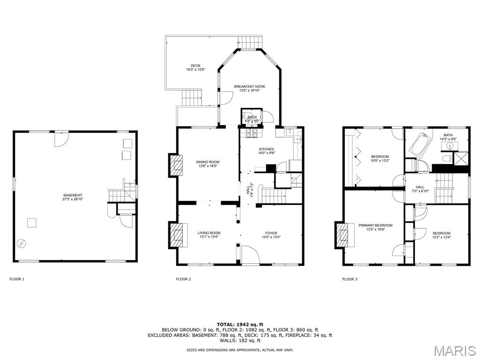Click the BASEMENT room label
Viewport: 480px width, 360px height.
[x=73, y=195]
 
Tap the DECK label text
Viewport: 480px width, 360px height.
[x=195, y=66]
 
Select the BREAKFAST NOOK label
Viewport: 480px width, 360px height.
[x=249, y=87]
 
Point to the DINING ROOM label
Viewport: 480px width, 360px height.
[x=208, y=162]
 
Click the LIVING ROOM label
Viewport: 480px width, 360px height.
[x=209, y=233]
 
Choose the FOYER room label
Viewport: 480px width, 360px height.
[x=271, y=233]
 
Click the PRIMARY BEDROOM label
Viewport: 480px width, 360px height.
[x=375, y=225]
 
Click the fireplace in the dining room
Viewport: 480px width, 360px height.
[x=176, y=165]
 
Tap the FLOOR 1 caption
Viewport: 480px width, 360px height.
[x=17, y=279]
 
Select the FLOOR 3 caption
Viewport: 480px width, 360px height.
[x=350, y=279]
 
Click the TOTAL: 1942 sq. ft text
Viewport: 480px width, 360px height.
[x=240, y=324]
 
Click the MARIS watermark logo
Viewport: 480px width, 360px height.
[x=455, y=350]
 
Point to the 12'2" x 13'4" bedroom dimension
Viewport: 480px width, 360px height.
[x=441, y=237]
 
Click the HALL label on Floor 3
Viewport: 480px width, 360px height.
[x=420, y=187]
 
